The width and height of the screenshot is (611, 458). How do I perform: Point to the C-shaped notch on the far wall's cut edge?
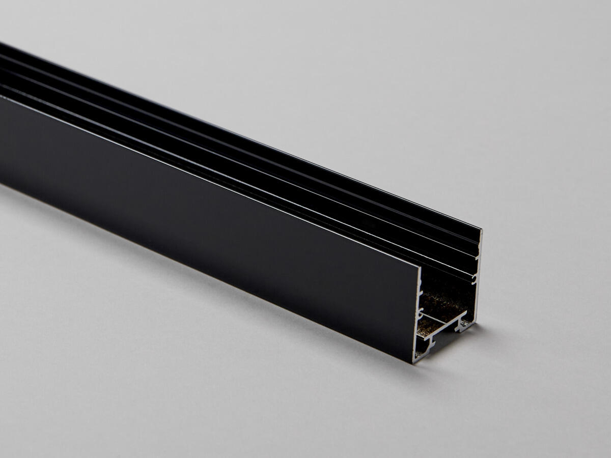coord(474,278)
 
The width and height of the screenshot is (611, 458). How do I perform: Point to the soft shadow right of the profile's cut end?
coord(504,336)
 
